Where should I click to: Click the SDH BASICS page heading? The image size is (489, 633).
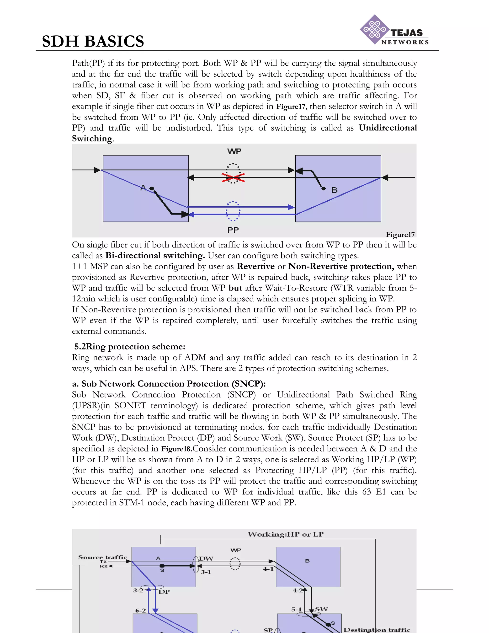click(x=93, y=41)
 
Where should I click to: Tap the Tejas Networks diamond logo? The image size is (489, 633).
click(x=374, y=30)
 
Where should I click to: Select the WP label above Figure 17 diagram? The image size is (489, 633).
click(x=234, y=151)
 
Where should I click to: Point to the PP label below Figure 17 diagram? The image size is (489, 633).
click(x=233, y=230)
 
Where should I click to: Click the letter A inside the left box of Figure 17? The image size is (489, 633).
click(x=143, y=188)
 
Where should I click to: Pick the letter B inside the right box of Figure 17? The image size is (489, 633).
click(x=334, y=190)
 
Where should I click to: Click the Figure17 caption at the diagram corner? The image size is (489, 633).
click(x=400, y=235)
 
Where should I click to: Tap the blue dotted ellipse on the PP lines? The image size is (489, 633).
click(x=233, y=211)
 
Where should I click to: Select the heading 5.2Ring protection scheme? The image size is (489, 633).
click(x=130, y=347)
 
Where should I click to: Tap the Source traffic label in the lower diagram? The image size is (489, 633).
click(x=102, y=557)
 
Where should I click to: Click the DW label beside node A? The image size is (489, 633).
click(x=206, y=558)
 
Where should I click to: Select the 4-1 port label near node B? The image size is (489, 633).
click(x=268, y=569)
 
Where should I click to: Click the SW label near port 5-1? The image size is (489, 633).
click(x=321, y=609)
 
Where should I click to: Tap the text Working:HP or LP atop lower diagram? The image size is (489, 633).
click(x=285, y=534)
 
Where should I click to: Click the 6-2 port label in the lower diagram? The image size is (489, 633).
click(x=140, y=610)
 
